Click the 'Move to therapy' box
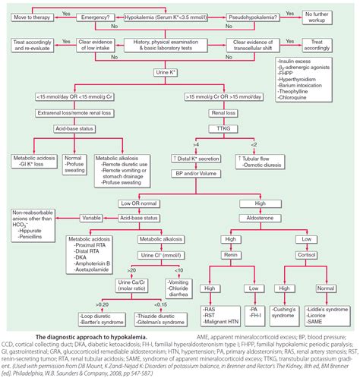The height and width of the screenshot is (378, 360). [30, 14]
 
